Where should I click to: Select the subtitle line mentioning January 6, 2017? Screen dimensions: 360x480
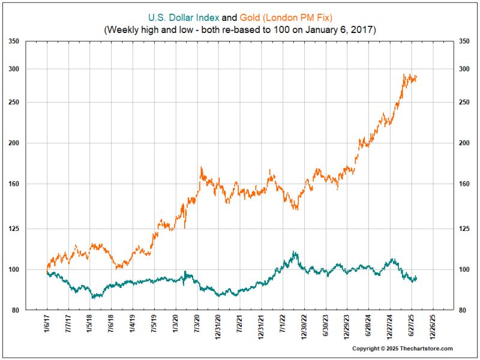239,29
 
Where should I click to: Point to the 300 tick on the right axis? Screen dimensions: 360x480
465,69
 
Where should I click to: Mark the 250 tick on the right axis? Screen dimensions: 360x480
465,102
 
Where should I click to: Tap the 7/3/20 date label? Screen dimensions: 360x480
197,327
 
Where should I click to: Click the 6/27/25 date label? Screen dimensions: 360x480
412,329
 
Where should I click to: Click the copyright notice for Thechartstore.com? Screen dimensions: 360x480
402,349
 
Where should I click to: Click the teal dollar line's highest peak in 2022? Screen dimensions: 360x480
293,253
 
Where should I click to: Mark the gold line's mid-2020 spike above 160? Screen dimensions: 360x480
201,169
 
